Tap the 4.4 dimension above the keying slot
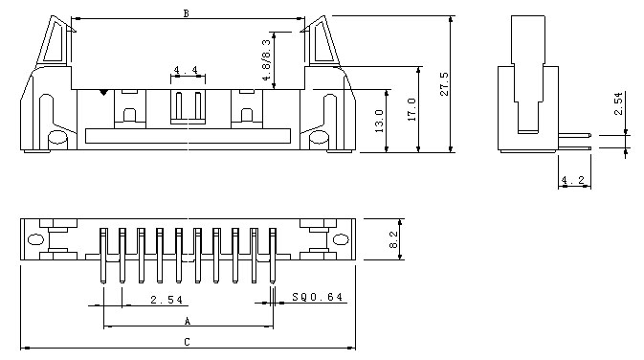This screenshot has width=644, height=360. (187, 71)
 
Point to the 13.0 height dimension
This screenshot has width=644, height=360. (379, 121)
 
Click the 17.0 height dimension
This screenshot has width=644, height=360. (411, 107)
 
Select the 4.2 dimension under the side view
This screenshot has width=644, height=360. (574, 180)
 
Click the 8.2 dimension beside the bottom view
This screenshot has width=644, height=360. (393, 239)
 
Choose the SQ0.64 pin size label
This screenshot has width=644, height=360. (317, 298)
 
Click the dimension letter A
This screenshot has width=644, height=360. (187, 321)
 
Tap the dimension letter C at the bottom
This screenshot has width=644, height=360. (187, 341)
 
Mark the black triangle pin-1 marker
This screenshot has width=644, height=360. (103, 92)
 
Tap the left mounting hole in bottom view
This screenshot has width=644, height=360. (36, 239)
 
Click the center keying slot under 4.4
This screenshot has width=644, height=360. (188, 106)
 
